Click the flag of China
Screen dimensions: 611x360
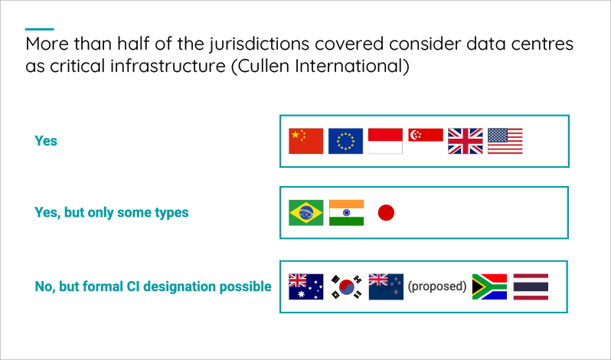(306, 141)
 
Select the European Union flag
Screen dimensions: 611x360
(345, 141)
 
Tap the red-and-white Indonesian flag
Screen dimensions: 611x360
(385, 141)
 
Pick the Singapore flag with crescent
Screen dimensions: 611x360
(426, 135)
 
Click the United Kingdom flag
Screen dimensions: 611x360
(466, 141)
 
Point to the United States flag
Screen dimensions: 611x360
(505, 141)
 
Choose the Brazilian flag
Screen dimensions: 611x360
(306, 213)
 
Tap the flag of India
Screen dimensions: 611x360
(346, 213)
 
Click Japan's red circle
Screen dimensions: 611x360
(386, 213)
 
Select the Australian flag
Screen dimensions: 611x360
(306, 286)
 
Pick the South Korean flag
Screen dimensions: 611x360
(346, 286)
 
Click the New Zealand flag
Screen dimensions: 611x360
(386, 286)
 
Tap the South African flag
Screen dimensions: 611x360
(489, 286)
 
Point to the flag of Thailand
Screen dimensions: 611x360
(531, 286)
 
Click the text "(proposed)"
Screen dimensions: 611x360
(437, 286)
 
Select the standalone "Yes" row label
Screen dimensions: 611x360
(46, 141)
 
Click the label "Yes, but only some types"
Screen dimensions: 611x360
(112, 213)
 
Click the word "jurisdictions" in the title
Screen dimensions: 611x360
(259, 44)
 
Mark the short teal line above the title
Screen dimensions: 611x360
(39, 29)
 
